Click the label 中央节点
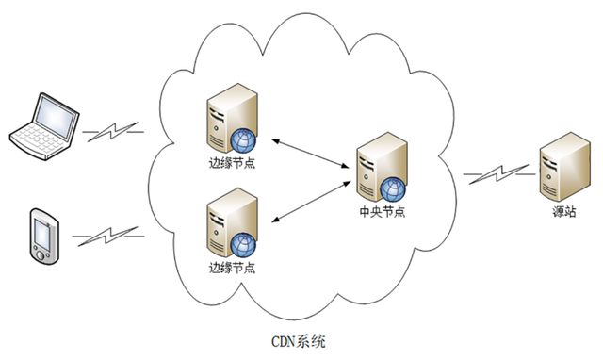(x=383, y=211)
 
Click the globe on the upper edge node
(x=244, y=142)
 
